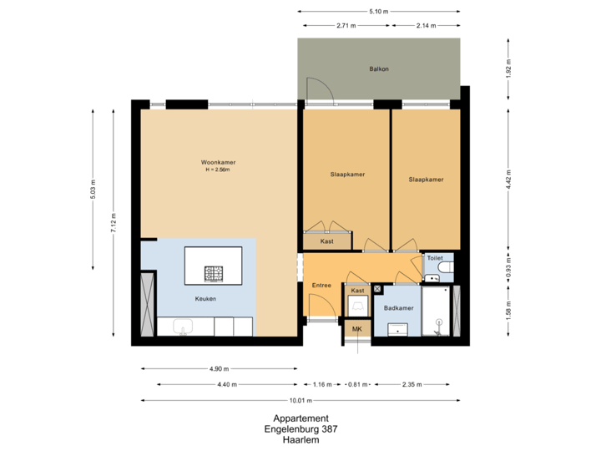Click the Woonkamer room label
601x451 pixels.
pos(216,162)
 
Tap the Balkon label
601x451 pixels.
pos(380,69)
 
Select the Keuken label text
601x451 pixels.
pos(206,298)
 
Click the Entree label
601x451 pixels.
pos(321,286)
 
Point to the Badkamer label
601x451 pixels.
pos(398,308)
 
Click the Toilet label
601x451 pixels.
pos(434,259)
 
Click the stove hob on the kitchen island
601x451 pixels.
pos(215,272)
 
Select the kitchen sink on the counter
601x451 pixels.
pos(182,327)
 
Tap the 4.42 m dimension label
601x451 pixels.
pos(508,179)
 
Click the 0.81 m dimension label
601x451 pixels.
pos(357,385)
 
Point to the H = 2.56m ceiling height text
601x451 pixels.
pos(216,170)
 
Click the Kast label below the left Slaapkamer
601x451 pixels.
pos(327,241)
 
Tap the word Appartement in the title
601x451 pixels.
pos(300,418)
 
